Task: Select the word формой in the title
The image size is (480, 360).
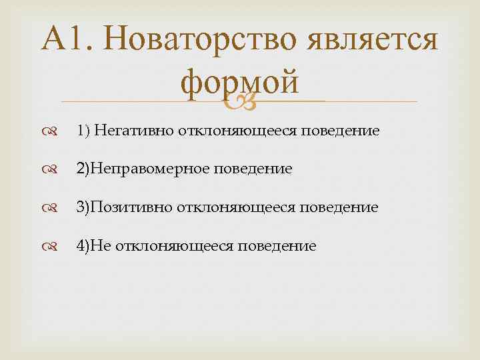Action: pyautogui.click(x=239, y=83)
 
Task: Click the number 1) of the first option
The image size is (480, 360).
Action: pyautogui.click(x=83, y=131)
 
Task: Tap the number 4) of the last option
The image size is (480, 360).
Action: pyautogui.click(x=83, y=246)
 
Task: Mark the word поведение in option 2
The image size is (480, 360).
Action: pyautogui.click(x=253, y=169)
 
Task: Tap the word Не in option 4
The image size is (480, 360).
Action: pyautogui.click(x=101, y=246)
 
